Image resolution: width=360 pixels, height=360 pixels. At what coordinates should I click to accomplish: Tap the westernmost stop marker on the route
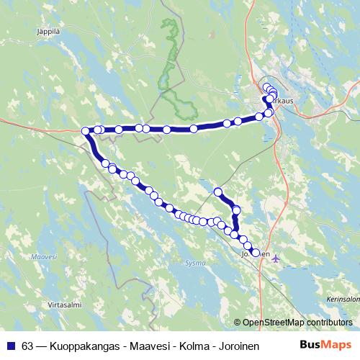86,131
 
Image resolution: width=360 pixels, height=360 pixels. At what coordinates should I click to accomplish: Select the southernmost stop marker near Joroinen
255,252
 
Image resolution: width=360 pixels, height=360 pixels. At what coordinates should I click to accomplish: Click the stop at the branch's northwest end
218,192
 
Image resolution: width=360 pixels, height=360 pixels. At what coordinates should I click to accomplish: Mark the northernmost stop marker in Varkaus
266,88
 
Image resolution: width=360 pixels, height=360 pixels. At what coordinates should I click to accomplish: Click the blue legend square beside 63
10,345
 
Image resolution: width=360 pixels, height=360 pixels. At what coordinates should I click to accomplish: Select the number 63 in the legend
27,345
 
